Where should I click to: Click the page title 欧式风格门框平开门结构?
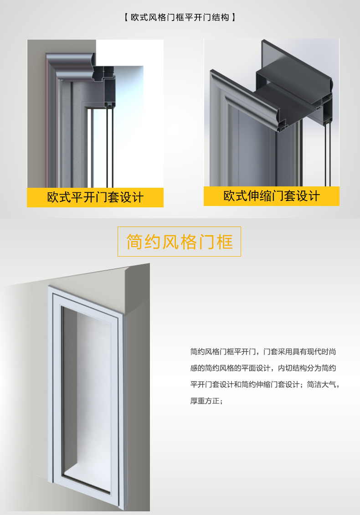pyautogui.click(x=180, y=17)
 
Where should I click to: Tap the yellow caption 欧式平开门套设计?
pyautogui.click(x=95, y=197)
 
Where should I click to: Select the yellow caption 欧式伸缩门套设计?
pyautogui.click(x=272, y=196)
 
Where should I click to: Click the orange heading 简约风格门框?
pyautogui.click(x=180, y=242)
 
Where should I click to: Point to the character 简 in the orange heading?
pyautogui.click(x=135, y=242)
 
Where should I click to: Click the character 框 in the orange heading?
pyautogui.click(x=225, y=242)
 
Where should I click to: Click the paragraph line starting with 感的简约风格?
pyautogui.click(x=263, y=368)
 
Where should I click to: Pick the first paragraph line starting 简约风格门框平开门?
pyautogui.click(x=263, y=352)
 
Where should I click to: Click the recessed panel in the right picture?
pyautogui.click(x=252, y=148)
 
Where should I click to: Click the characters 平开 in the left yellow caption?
pyautogui.click(x=83, y=197)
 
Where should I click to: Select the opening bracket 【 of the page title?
pyautogui.click(x=127, y=17)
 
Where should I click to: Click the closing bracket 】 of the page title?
pyautogui.click(x=233, y=17)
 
